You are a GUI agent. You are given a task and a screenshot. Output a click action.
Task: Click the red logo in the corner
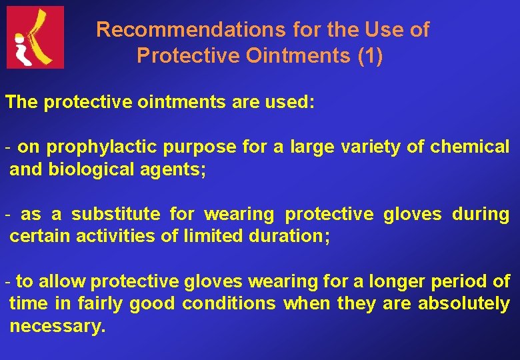35,37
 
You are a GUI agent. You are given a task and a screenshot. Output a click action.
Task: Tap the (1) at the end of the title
370,56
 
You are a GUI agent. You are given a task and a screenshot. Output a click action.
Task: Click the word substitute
115,214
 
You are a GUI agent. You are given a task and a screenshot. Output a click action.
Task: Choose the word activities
116,236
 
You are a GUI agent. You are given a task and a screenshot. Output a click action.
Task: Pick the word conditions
229,304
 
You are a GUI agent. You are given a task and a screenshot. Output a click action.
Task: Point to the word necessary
57,327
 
